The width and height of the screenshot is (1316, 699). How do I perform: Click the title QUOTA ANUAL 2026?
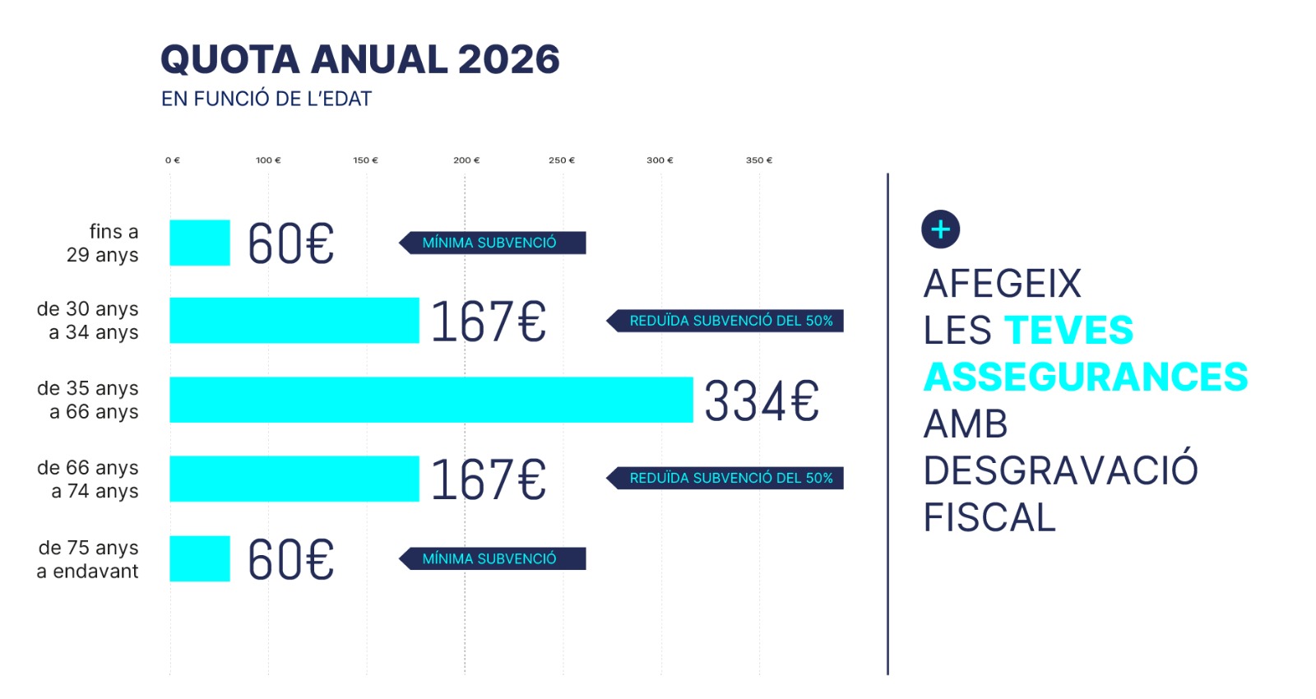(359, 59)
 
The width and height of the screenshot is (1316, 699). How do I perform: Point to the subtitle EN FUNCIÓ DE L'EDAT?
(266, 100)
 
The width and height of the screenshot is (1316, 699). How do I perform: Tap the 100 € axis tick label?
(268, 160)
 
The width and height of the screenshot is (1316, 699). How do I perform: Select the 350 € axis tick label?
(759, 160)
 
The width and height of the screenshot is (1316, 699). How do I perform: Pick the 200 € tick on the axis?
(466, 160)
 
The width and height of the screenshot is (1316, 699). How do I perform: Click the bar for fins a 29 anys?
(200, 243)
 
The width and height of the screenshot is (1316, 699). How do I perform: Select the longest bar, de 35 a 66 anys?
(431, 400)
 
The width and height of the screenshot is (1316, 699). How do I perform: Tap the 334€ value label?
(762, 401)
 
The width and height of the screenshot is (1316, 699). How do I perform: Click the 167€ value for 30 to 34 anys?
(489, 322)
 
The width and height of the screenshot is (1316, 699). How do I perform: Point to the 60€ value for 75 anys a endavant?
(291, 560)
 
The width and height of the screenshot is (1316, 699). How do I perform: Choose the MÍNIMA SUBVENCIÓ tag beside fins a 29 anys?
(492, 243)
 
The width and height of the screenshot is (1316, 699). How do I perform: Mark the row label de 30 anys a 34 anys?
(88, 321)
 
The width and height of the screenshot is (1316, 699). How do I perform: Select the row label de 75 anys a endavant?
(88, 559)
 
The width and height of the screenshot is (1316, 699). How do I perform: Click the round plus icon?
(941, 229)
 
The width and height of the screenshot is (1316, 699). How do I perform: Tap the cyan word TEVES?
(1069, 331)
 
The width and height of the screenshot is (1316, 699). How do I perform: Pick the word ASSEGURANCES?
(1086, 377)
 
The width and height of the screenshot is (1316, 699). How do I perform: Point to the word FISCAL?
(989, 518)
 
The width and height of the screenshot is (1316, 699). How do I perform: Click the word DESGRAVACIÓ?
(1061, 471)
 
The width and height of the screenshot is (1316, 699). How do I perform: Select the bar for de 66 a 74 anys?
(294, 479)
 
